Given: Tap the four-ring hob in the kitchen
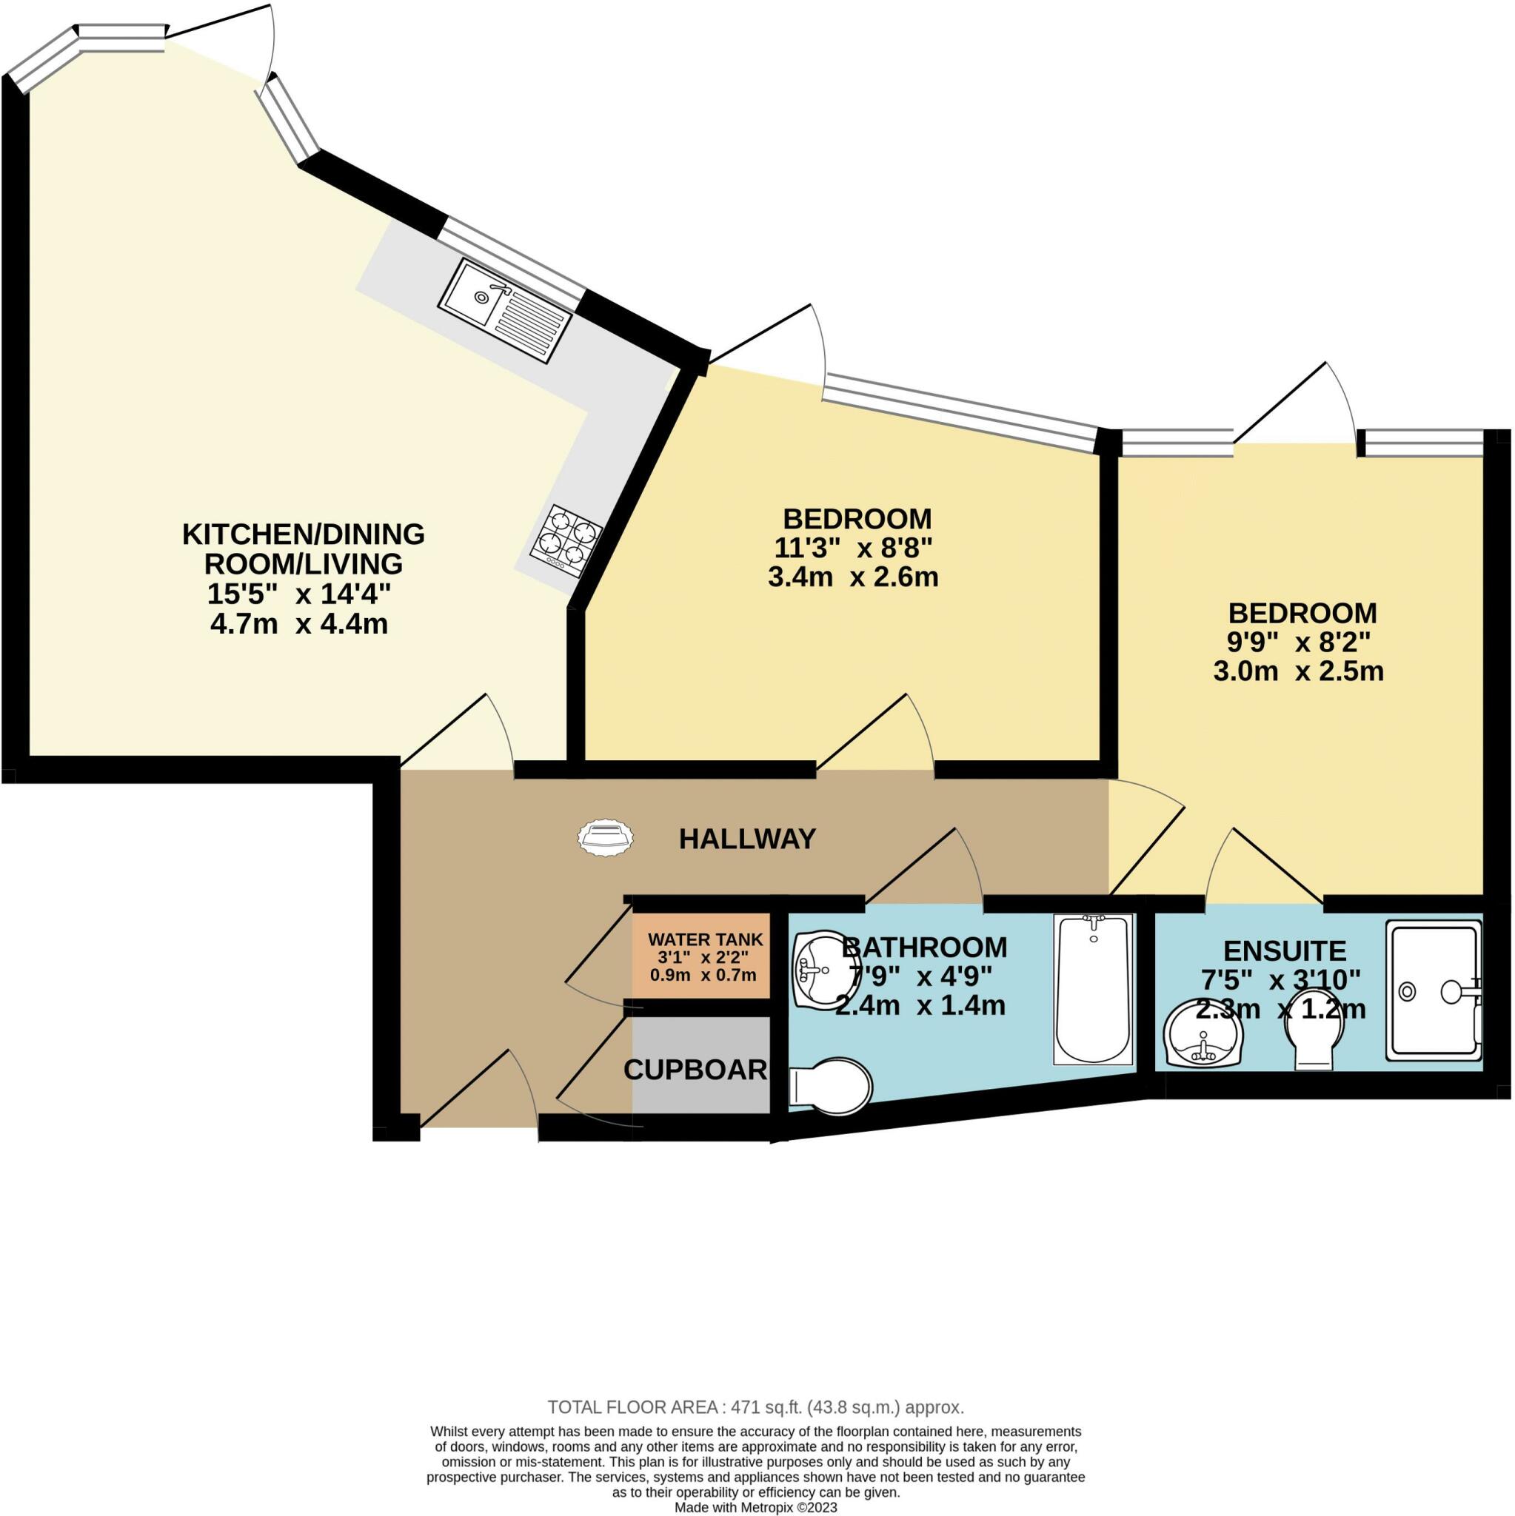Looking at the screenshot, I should tap(566, 540).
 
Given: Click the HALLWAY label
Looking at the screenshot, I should tap(746, 839).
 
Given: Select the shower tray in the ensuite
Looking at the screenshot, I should tap(1434, 991).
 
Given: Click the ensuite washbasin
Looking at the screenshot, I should tap(1201, 1037).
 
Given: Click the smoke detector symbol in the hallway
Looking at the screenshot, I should tap(604, 837).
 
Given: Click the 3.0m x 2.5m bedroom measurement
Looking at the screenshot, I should tap(1299, 671).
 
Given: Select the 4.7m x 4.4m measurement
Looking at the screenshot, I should tap(299, 625).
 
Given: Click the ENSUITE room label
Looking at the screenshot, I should tap(1285, 951).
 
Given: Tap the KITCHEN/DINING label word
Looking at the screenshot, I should tap(303, 534).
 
